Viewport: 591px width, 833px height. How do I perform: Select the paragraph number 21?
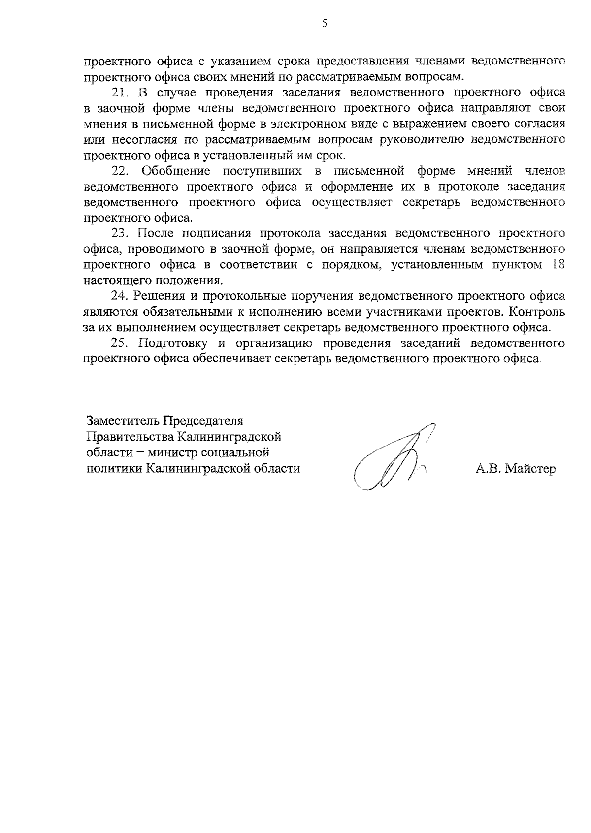click(x=120, y=92)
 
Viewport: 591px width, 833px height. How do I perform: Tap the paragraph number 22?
click(x=120, y=171)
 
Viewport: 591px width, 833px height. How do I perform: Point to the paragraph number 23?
click(x=120, y=233)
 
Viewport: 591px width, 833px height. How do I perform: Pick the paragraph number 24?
click(x=120, y=296)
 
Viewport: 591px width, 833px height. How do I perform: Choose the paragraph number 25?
click(x=120, y=343)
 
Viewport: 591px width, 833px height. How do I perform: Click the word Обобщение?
click(x=176, y=171)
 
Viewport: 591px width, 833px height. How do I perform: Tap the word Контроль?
click(x=537, y=312)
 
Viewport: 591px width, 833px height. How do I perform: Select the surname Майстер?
click(x=530, y=469)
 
